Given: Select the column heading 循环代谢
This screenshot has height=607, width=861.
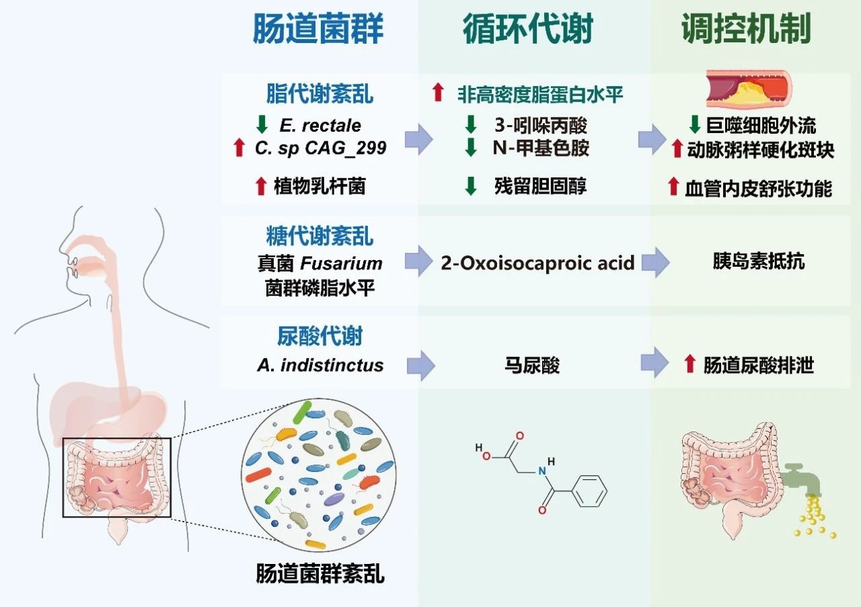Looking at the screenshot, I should [528, 30].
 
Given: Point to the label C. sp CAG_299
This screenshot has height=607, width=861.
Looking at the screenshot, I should [321, 148].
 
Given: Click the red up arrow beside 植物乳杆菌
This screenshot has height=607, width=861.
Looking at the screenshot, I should [261, 186].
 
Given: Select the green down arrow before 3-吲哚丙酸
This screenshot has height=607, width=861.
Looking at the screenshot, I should [471, 125].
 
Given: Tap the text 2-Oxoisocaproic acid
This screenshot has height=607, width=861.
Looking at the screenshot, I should [537, 262].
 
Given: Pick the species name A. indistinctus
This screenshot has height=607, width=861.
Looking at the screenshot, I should [320, 365].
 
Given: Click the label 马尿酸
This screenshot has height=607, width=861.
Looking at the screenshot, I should [531, 365].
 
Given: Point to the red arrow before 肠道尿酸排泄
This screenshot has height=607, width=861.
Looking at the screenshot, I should [688, 365].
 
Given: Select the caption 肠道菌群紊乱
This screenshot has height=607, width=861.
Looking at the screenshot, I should [320, 575].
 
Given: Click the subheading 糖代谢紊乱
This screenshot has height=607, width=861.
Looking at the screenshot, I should [319, 237].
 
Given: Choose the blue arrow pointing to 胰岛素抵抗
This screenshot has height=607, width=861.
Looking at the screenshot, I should [654, 262].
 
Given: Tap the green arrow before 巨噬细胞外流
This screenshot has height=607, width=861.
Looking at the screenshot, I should [696, 125].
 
